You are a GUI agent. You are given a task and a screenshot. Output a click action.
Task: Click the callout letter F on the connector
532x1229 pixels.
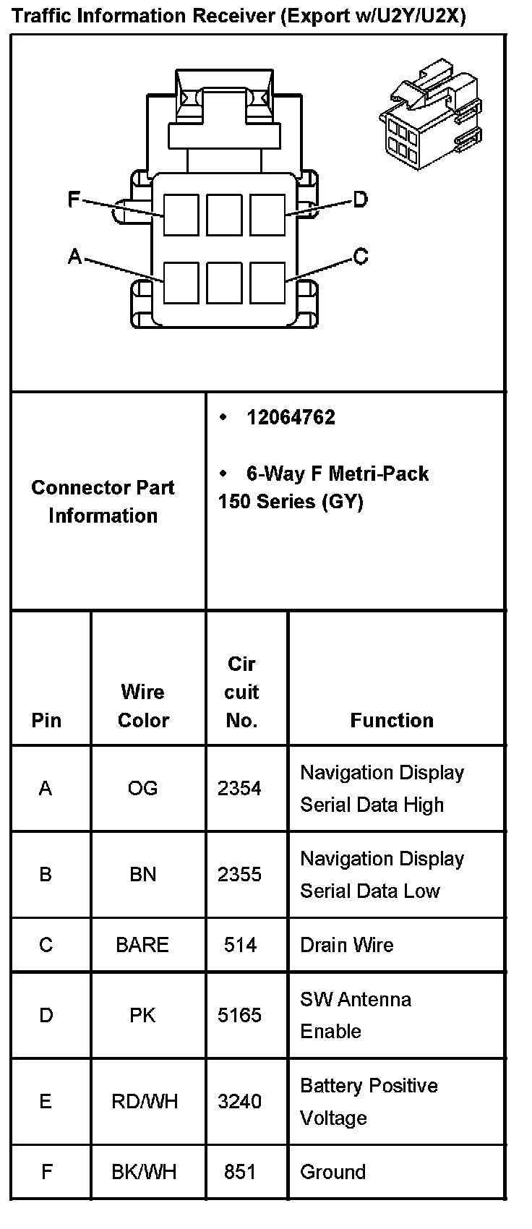73,199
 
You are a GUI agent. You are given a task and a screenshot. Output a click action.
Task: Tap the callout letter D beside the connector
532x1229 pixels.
360,199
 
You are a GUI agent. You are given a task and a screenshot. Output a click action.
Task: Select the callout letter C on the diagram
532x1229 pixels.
360,256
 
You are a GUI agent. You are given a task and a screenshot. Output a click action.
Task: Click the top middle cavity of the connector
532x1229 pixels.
224,215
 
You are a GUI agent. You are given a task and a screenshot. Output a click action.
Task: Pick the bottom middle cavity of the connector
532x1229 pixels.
224,282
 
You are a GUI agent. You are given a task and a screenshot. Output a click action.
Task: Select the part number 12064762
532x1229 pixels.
291,418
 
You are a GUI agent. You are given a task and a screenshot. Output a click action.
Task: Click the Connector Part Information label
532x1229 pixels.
103,501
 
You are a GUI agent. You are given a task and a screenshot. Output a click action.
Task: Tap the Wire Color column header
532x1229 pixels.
143,706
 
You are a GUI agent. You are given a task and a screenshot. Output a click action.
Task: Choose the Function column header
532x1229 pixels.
392,720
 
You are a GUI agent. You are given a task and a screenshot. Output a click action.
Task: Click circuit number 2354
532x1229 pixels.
239,788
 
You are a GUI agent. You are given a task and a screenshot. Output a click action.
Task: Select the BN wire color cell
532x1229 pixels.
142,875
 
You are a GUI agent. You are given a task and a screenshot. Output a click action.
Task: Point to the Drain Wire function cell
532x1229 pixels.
347,945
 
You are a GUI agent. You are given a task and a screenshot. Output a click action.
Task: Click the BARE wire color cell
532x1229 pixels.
142,945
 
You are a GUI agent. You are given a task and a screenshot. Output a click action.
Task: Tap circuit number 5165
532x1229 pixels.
239,1015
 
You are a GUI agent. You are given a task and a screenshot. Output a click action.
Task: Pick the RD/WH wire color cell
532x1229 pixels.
144,1102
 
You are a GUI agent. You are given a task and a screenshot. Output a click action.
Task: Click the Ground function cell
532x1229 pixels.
332,1172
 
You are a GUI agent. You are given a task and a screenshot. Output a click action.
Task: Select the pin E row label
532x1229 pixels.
46,1102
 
